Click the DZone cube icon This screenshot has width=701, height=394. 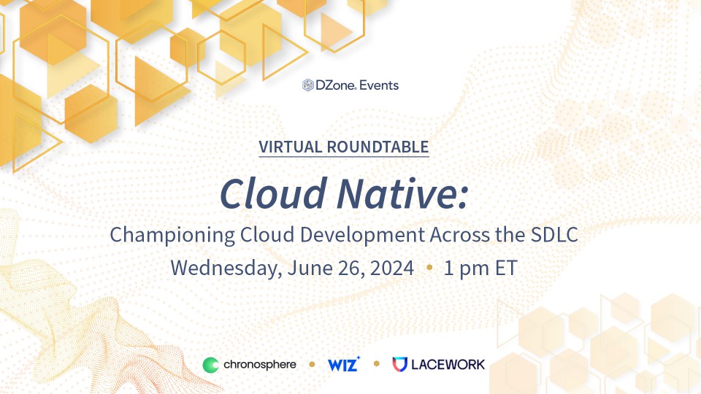click(x=308, y=85)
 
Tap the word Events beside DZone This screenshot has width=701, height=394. click(x=380, y=85)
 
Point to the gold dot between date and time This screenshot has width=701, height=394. click(x=429, y=268)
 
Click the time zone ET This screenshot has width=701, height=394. click(x=504, y=268)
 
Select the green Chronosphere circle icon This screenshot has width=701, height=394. click(x=210, y=364)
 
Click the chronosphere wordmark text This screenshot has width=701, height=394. click(x=259, y=364)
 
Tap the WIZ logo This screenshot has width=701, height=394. click(x=343, y=364)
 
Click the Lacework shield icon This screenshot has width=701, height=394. click(x=399, y=364)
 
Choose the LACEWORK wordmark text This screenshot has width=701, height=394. click(x=447, y=364)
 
